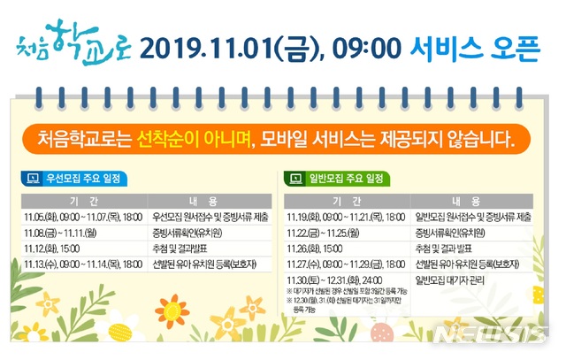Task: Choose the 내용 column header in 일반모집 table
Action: click(473, 200)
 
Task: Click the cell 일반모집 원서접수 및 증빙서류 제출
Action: click(473, 216)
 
